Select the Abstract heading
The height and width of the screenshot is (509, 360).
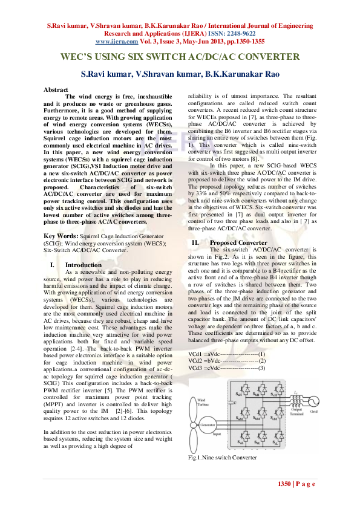click(56, 89)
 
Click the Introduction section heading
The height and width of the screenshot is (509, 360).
click(83, 265)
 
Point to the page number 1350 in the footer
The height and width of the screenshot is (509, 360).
click(284, 484)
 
